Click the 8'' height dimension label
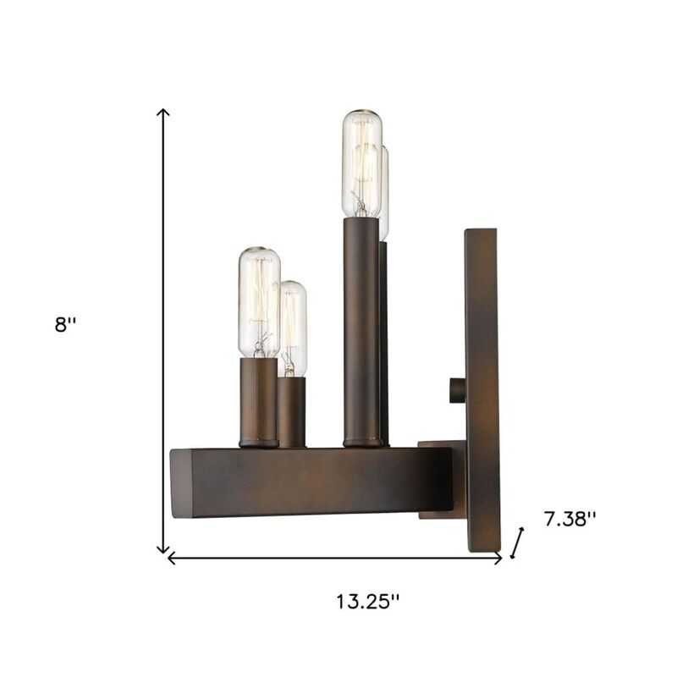coord(66,324)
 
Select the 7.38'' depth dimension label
coord(570,520)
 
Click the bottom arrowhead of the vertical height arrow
coord(164,550)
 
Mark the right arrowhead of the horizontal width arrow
coord(499,559)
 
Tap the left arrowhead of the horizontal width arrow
coord(171,559)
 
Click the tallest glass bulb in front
coord(361,162)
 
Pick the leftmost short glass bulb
coord(258,302)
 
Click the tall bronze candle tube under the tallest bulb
coord(361,330)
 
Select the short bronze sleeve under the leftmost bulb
coord(258,401)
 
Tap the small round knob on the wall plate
coord(457,390)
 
